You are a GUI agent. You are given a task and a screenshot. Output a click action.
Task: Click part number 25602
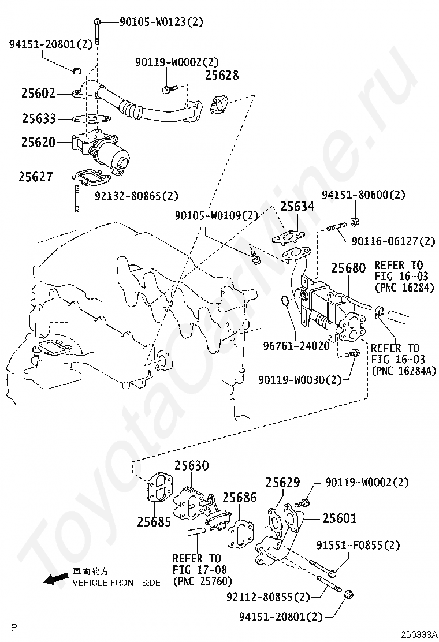coord(39,93)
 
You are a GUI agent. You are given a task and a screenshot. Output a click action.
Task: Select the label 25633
coord(39,119)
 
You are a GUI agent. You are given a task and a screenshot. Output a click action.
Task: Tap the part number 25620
coord(39,141)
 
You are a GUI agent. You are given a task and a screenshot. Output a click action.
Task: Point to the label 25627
coord(36,177)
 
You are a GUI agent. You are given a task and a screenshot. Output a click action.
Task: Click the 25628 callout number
coord(221,76)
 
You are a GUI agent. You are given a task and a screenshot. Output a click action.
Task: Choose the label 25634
coord(297,207)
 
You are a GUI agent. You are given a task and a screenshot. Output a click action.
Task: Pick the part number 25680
coord(348,268)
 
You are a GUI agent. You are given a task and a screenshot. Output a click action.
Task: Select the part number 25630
coord(192,465)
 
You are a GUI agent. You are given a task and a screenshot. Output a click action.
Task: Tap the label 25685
coord(154,522)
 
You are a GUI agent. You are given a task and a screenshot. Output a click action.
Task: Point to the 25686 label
coord(240,498)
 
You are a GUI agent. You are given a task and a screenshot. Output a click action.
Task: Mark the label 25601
coord(340,519)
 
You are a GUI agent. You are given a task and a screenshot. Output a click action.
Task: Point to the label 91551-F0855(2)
coord(358,545)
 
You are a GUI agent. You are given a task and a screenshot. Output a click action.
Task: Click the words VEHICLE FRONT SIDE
coord(116,583)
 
